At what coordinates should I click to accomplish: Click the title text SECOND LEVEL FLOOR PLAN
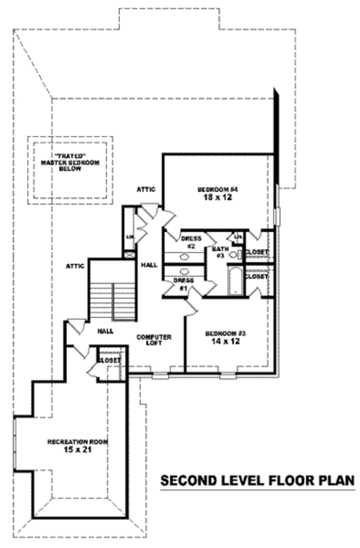click(x=257, y=480)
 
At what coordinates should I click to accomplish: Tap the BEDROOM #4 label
click(x=218, y=191)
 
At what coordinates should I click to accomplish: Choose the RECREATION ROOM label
click(x=78, y=442)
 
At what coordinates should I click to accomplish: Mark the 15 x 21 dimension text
click(x=78, y=450)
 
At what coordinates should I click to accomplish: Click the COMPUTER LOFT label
click(x=154, y=340)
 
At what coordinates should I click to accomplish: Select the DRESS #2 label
click(x=187, y=241)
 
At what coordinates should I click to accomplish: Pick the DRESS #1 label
click(x=182, y=283)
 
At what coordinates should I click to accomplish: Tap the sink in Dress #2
click(x=184, y=257)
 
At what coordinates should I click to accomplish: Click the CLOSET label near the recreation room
click(x=109, y=360)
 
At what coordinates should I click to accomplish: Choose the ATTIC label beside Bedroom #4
click(x=146, y=189)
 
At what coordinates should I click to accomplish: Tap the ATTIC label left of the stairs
click(x=75, y=264)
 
